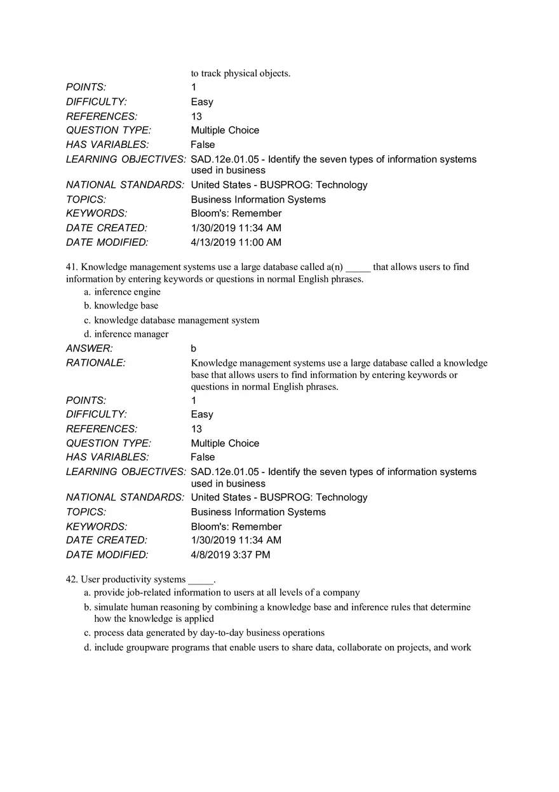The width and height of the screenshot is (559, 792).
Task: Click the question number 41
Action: (71, 267)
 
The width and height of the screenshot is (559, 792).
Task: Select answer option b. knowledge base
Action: (126, 305)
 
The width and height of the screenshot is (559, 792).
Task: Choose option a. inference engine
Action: (127, 292)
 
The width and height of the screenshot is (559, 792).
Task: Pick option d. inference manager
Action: (131, 334)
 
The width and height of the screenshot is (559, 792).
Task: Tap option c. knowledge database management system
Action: (177, 320)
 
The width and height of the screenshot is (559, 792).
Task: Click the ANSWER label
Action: (90, 349)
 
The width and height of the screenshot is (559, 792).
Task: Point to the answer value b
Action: (194, 349)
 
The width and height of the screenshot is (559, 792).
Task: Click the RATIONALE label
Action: (96, 363)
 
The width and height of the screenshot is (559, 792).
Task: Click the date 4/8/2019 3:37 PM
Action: (231, 555)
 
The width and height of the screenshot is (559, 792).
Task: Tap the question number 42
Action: (71, 580)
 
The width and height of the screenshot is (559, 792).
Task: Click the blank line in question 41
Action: (358, 267)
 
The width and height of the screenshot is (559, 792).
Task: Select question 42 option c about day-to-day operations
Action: (209, 633)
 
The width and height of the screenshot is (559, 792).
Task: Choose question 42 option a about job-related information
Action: (227, 593)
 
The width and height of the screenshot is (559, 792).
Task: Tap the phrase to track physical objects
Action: (241, 73)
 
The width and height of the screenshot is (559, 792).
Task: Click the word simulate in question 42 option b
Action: (111, 607)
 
